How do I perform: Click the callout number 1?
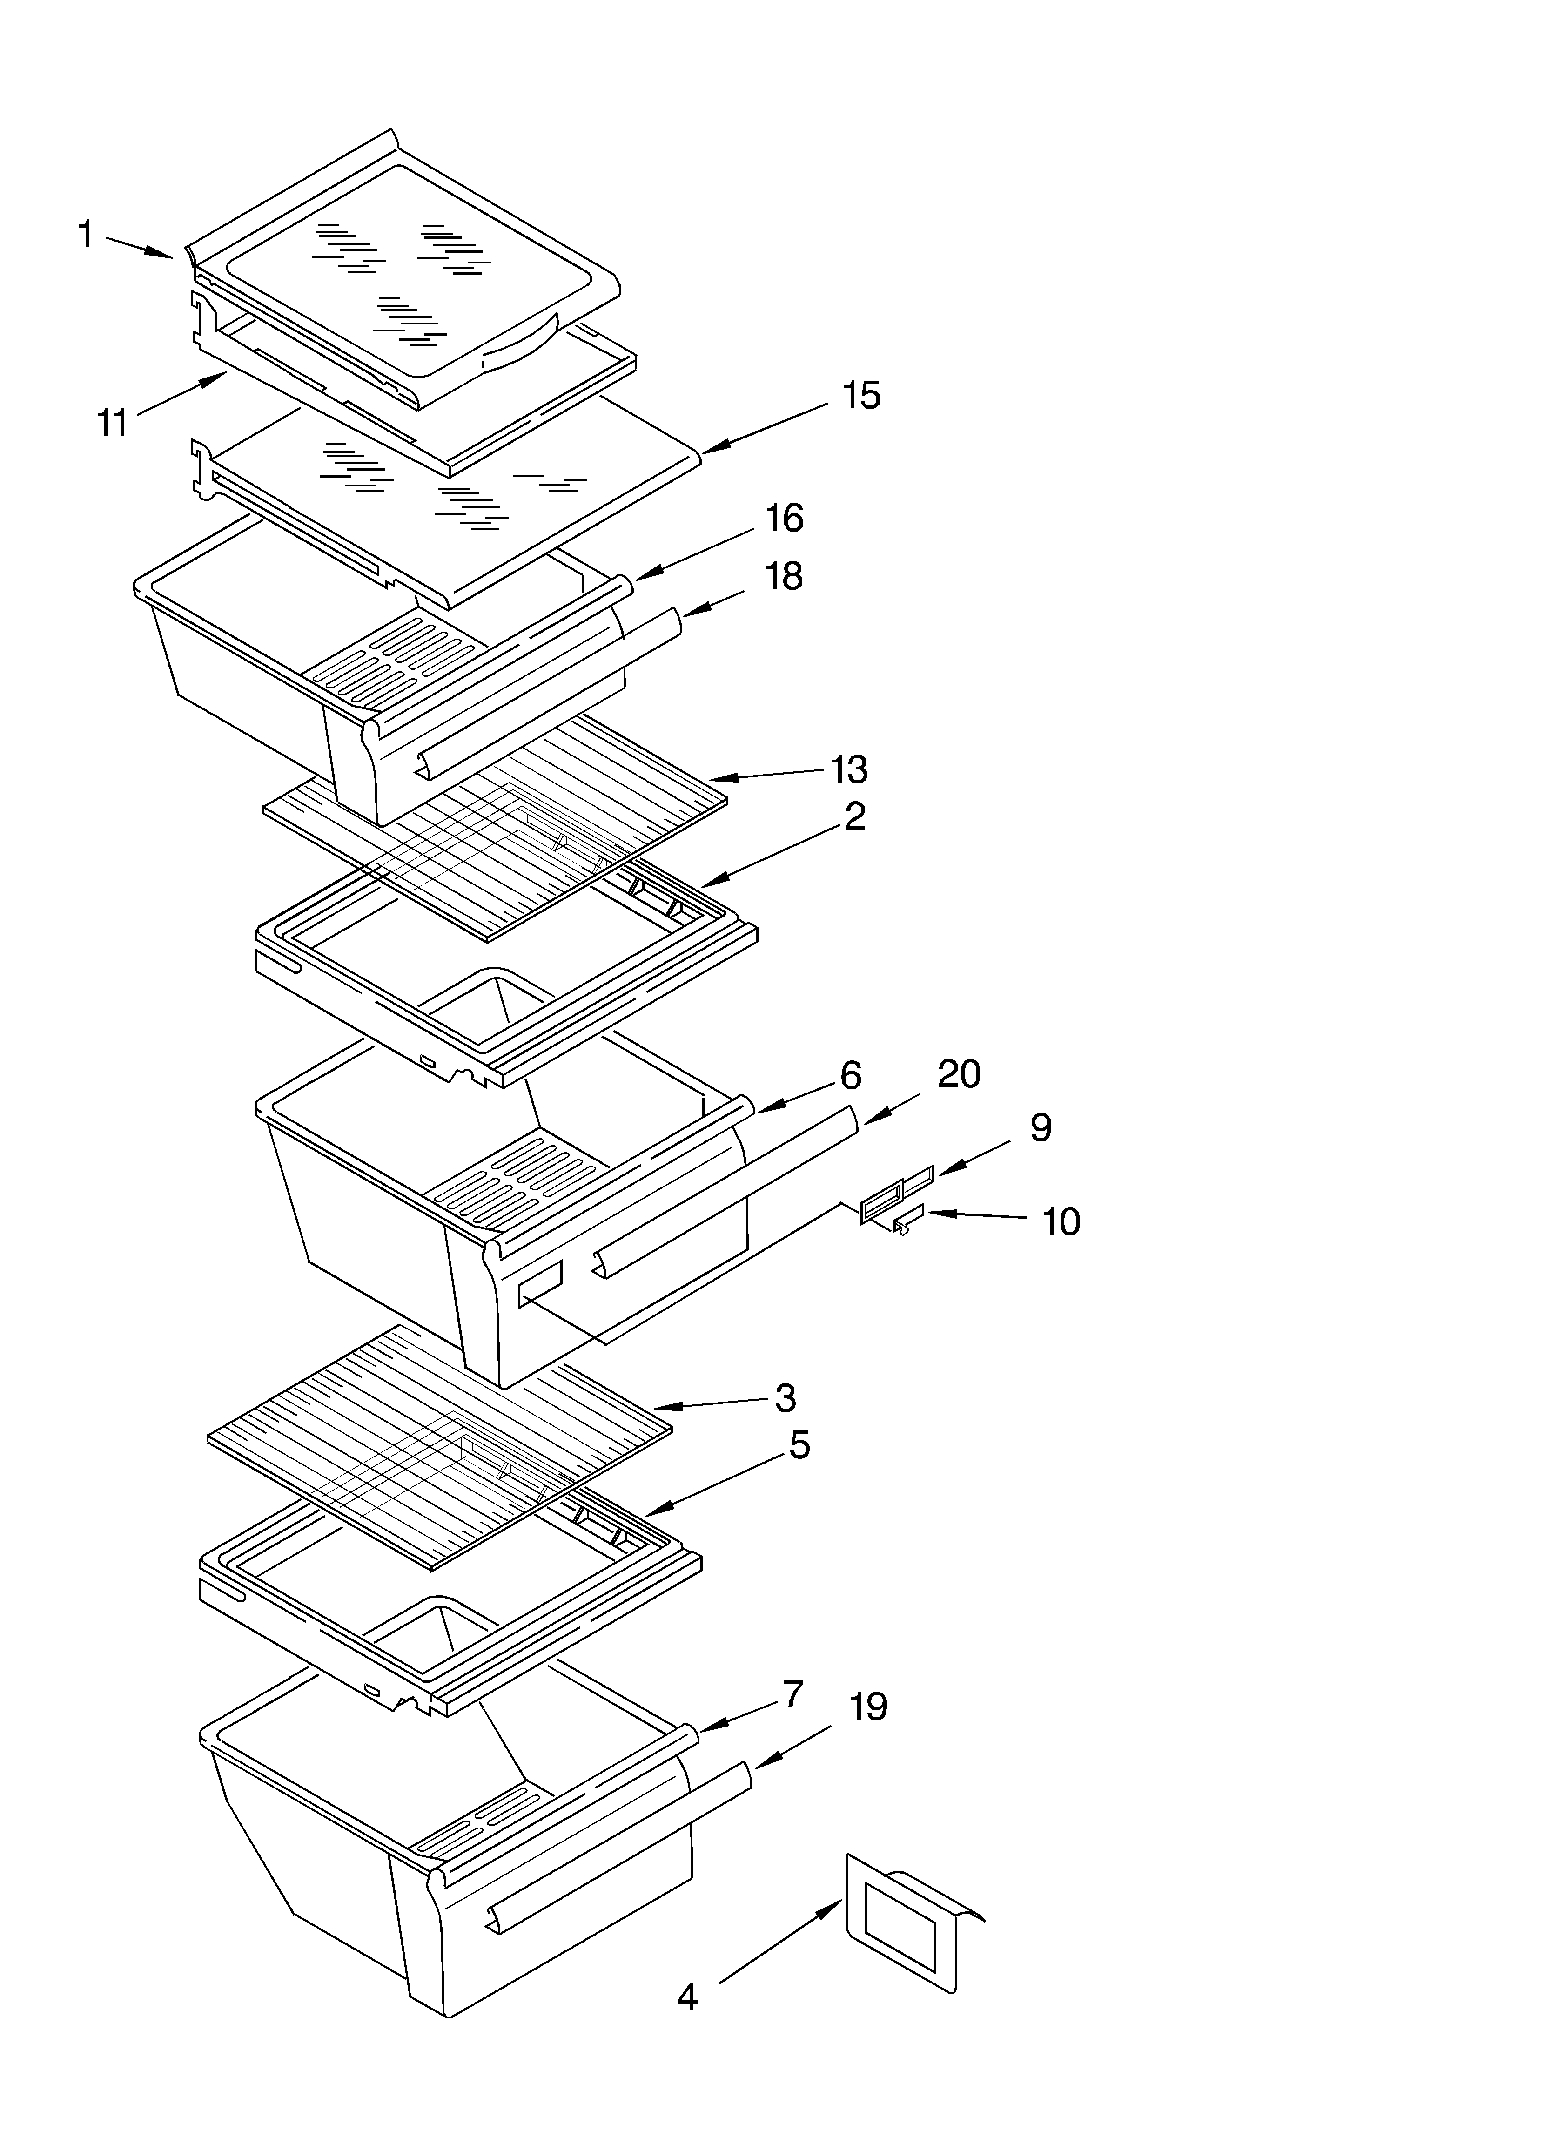click(x=86, y=234)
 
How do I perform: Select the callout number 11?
click(x=112, y=423)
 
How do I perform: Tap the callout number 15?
click(x=861, y=396)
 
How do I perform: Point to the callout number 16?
click(x=785, y=518)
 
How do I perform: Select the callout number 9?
click(x=1041, y=1127)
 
